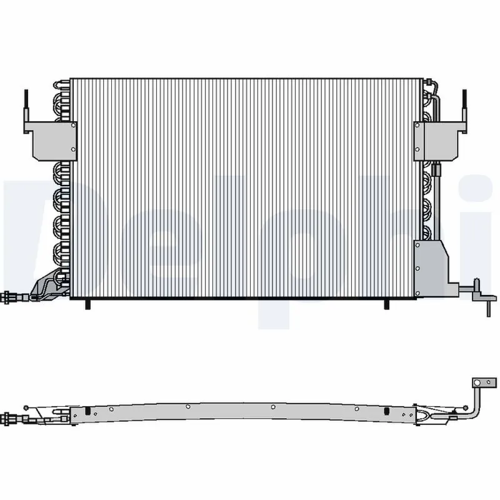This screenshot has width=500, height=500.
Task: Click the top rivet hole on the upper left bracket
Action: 73,125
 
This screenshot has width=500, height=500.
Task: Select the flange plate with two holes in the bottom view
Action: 479,382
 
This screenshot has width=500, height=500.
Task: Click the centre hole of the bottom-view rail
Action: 273,406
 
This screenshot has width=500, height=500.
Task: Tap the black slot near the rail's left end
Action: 89,411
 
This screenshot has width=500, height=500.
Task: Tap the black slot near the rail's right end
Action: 387,411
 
